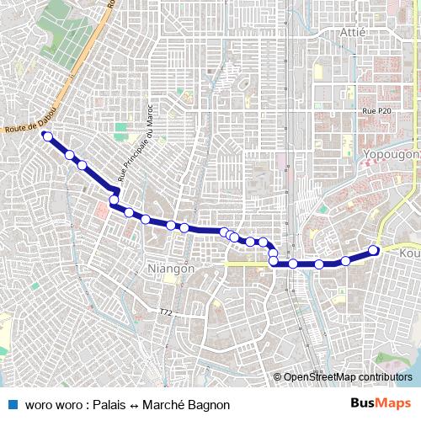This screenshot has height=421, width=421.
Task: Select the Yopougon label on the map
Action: tap(392, 154)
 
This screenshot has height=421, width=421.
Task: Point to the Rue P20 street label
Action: tap(376, 111)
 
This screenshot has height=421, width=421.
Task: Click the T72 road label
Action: tap(165, 312)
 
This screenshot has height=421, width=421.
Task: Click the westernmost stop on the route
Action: tap(48, 136)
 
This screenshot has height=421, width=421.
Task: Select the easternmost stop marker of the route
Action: tap(374, 250)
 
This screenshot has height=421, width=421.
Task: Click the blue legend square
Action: tap(12, 404)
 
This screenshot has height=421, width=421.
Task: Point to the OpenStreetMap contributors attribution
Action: tap(348, 377)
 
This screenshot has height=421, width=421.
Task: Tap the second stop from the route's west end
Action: tap(70, 155)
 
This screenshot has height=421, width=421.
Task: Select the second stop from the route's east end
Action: tap(345, 261)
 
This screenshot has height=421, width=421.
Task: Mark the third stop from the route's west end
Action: tap(83, 165)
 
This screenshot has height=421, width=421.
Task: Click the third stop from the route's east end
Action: tap(319, 264)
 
